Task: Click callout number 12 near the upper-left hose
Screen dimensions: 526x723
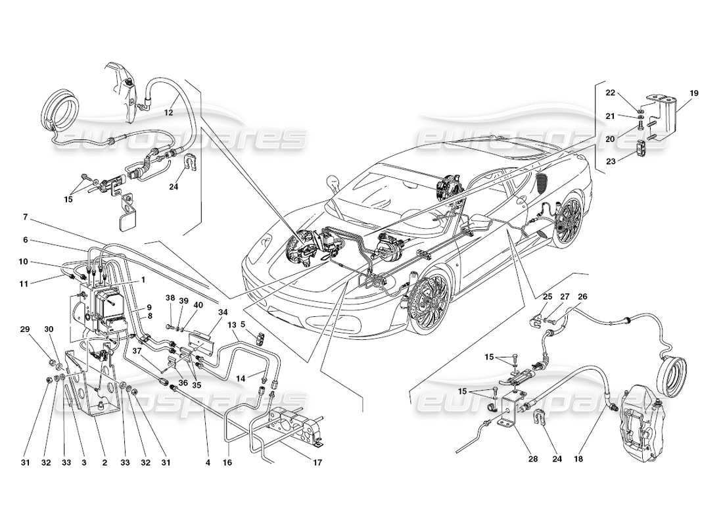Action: click(168, 112)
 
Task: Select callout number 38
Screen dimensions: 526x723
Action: click(170, 298)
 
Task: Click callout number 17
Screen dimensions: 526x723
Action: click(317, 462)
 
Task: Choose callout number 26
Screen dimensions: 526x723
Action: click(582, 297)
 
